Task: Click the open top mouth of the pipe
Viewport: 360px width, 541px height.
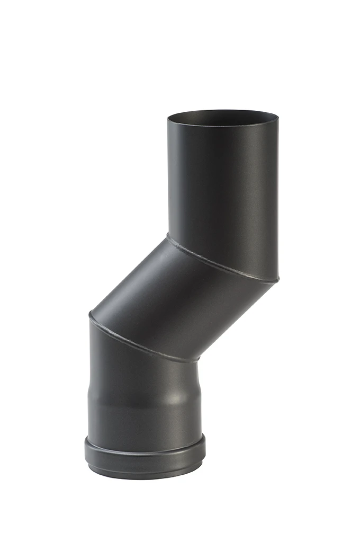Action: pos(222,117)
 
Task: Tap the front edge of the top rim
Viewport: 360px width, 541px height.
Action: pos(222,126)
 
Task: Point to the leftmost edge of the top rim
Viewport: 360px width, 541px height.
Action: pos(168,119)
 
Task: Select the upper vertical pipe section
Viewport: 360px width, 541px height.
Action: pos(222,185)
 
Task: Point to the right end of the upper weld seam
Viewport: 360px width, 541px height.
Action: pos(276,280)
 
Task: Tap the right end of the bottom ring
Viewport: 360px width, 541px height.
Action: pos(204,445)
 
